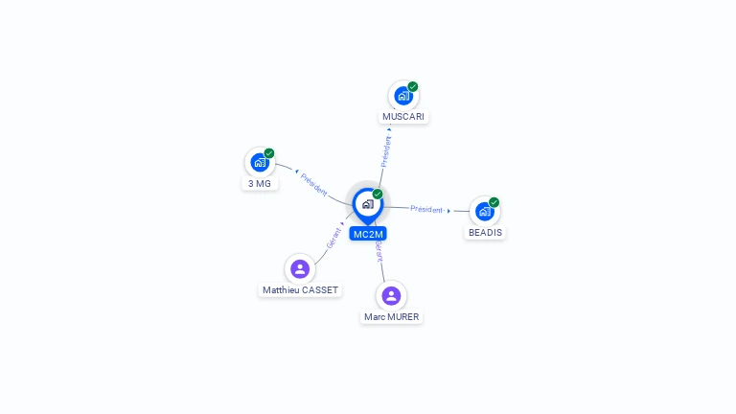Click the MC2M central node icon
click(x=367, y=204)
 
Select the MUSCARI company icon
click(x=403, y=96)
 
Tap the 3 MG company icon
click(x=259, y=163)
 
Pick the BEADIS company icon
click(x=484, y=211)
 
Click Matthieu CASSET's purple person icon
click(x=300, y=269)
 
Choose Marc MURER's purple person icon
click(x=391, y=296)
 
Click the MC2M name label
click(x=368, y=234)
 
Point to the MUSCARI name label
click(x=403, y=117)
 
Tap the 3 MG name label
click(x=259, y=183)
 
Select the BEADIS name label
click(x=485, y=232)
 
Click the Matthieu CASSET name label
click(x=301, y=289)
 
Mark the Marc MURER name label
click(x=391, y=316)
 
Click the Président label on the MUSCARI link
click(x=386, y=151)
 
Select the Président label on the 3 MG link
click(x=313, y=184)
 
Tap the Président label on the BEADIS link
click(x=426, y=209)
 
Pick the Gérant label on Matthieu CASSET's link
click(x=334, y=239)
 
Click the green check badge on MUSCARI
click(x=413, y=86)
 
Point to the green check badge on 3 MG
click(x=269, y=153)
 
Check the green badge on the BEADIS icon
click(x=494, y=202)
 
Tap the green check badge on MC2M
click(x=378, y=195)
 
